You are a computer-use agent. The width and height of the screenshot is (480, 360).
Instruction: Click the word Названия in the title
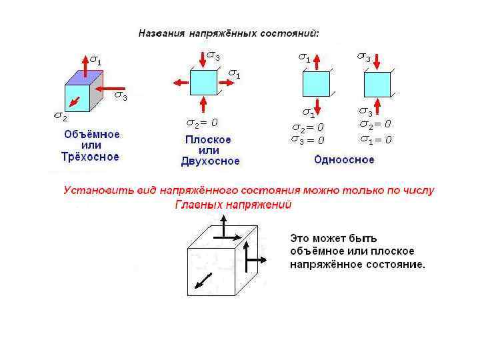point(161,33)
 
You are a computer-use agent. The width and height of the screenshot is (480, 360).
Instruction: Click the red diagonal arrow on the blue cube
point(75,101)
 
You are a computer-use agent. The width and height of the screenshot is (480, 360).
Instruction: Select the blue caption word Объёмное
point(92,134)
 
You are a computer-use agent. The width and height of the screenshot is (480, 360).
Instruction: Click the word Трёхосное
point(90,157)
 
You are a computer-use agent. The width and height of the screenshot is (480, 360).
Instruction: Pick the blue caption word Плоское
point(208,140)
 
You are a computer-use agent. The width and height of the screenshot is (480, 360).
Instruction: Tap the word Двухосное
point(210,161)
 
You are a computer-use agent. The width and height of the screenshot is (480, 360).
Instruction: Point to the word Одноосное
point(344,160)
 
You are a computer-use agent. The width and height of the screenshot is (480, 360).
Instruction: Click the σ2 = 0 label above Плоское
point(202,123)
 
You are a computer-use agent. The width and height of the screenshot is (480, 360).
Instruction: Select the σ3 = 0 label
point(308,140)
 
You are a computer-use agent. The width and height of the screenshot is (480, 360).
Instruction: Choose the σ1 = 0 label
point(375,140)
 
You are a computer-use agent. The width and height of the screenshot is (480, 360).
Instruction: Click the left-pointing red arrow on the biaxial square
point(181,82)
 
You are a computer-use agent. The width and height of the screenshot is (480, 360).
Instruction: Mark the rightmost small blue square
point(377,84)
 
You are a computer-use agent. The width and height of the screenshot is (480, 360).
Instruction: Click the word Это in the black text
point(299,238)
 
